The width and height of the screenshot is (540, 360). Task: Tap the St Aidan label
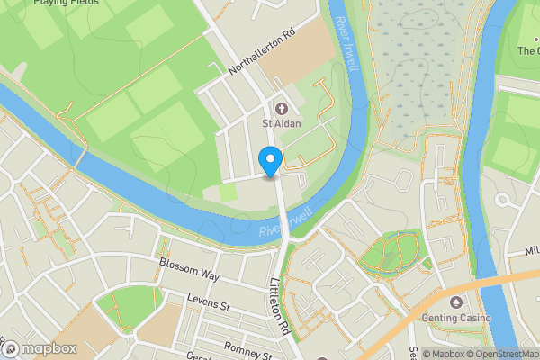point(282,123)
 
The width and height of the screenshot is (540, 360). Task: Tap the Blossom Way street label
point(189,268)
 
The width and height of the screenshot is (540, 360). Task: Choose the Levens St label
point(209,300)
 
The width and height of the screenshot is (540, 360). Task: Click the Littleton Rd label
point(278,306)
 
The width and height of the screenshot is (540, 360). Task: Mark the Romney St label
point(248,347)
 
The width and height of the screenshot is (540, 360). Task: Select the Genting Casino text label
point(456,319)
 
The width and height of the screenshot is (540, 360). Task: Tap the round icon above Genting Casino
point(456,302)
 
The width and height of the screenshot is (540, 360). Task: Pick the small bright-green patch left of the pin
point(229,192)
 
